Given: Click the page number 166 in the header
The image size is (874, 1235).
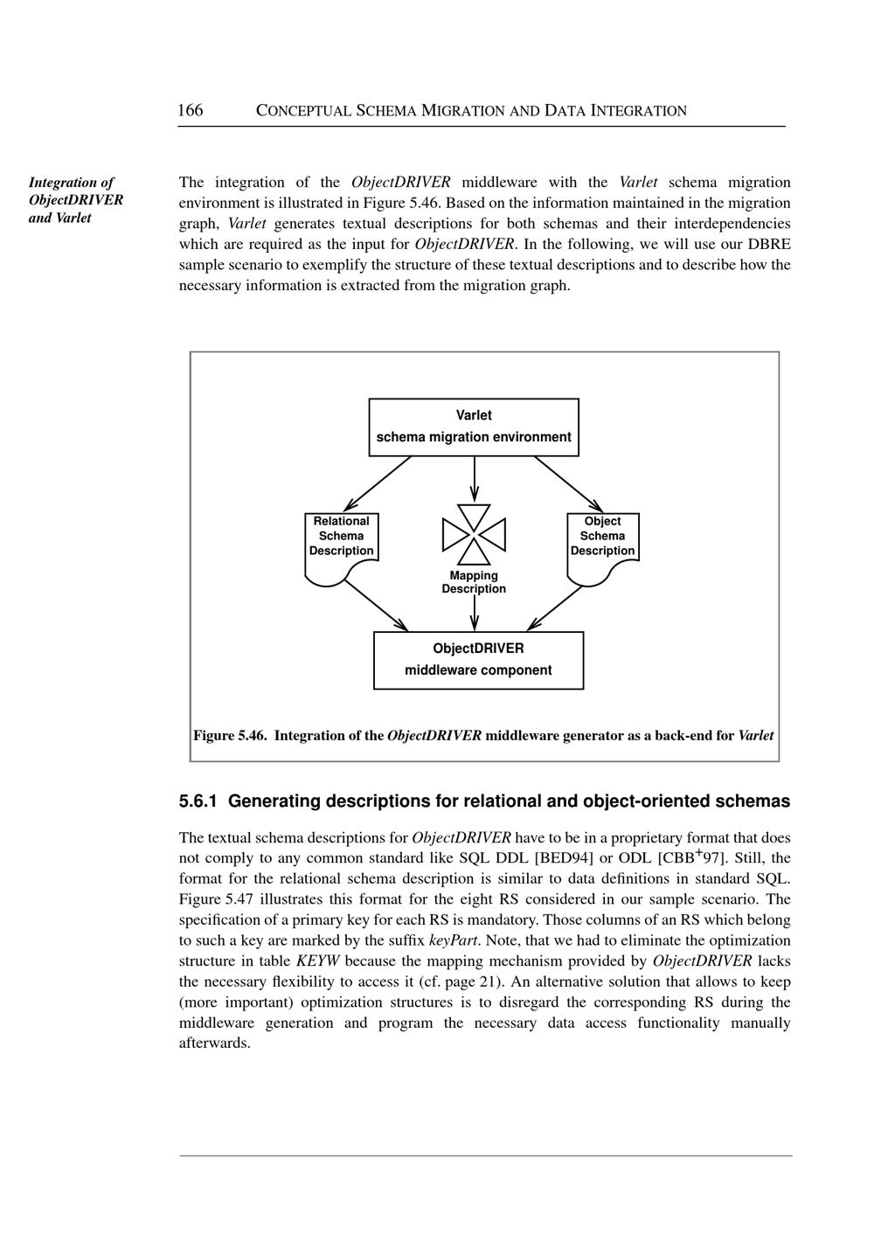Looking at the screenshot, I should click(191, 110).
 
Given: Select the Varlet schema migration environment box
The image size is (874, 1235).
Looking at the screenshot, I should click(474, 427).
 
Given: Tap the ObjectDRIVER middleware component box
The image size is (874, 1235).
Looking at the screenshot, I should click(478, 660).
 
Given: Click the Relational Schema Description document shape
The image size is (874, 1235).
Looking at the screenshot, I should click(341, 546).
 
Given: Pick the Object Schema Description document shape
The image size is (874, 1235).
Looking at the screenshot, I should click(603, 546).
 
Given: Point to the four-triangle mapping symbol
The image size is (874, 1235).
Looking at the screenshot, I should click(474, 534).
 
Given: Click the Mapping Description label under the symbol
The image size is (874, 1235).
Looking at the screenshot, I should click(474, 582).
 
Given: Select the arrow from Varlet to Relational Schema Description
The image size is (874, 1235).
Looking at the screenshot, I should click(378, 483).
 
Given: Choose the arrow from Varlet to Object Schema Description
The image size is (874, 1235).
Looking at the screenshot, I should click(568, 483).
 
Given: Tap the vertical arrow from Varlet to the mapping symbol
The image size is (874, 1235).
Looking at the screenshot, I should click(474, 478).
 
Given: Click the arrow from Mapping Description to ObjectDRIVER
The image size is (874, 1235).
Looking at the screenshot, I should click(474, 613).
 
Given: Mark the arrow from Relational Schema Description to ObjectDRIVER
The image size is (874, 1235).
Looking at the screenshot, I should click(376, 605).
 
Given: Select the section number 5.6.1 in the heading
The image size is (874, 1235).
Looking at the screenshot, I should click(198, 801).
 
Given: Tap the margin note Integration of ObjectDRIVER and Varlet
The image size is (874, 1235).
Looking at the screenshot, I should click(75, 200).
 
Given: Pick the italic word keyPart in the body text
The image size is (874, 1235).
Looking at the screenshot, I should click(452, 940).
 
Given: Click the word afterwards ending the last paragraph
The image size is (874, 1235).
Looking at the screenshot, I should click(214, 1044).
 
